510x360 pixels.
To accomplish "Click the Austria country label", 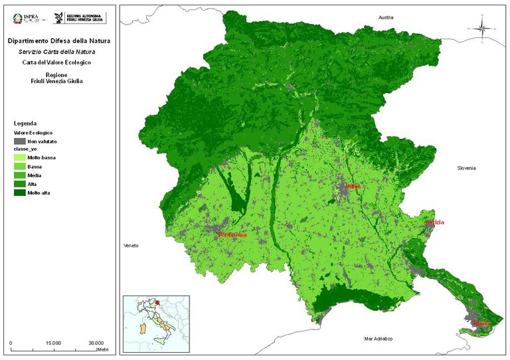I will click(386, 17).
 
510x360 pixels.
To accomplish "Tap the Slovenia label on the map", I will click(466, 168).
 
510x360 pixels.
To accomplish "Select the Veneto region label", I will click(131, 246).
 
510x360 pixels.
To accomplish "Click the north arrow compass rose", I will click(483, 28).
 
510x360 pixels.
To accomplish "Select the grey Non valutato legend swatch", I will click(19, 141).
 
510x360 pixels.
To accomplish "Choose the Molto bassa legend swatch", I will click(19, 158).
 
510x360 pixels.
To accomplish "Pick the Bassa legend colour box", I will click(19, 167).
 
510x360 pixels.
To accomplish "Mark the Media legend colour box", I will click(19, 175).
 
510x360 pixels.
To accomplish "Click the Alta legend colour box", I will click(19, 184).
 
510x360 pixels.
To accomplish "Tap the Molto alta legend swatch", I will click(19, 193).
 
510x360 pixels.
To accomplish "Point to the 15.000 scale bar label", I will click(54, 343).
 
